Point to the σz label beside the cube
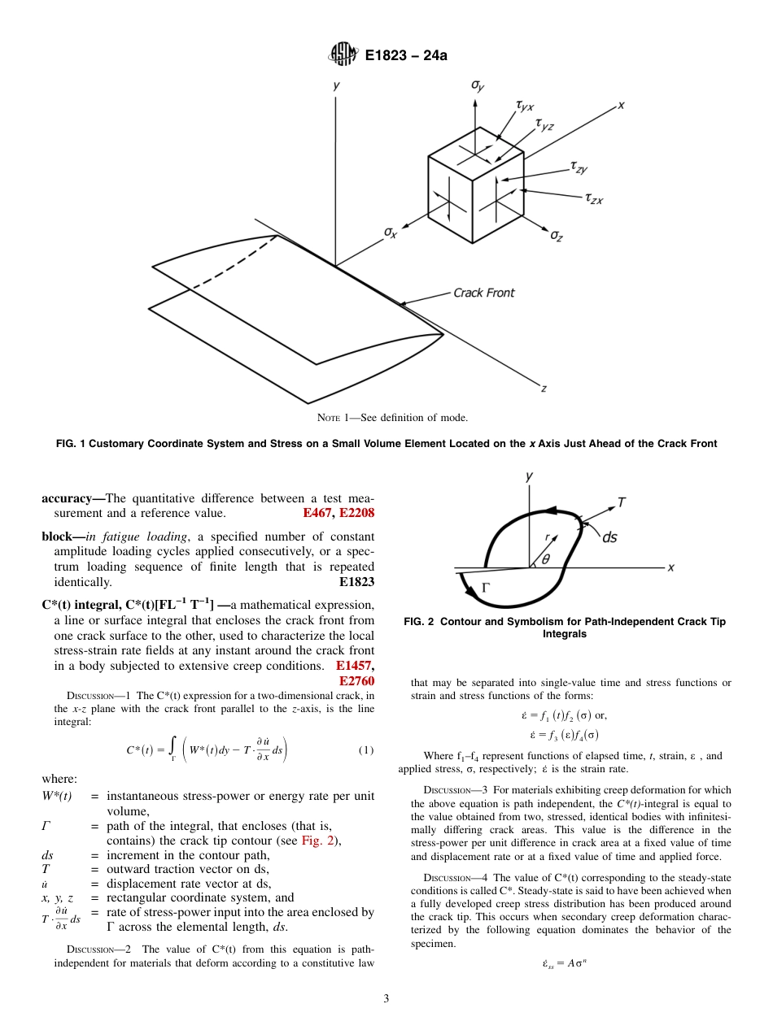[557, 235]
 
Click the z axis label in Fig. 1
[544, 388]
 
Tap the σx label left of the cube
[391, 232]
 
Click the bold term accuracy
[71, 498]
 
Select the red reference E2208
[356, 514]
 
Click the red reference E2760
[356, 680]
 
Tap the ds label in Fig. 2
[609, 537]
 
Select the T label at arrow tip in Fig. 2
[621, 502]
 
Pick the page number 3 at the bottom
[386, 999]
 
